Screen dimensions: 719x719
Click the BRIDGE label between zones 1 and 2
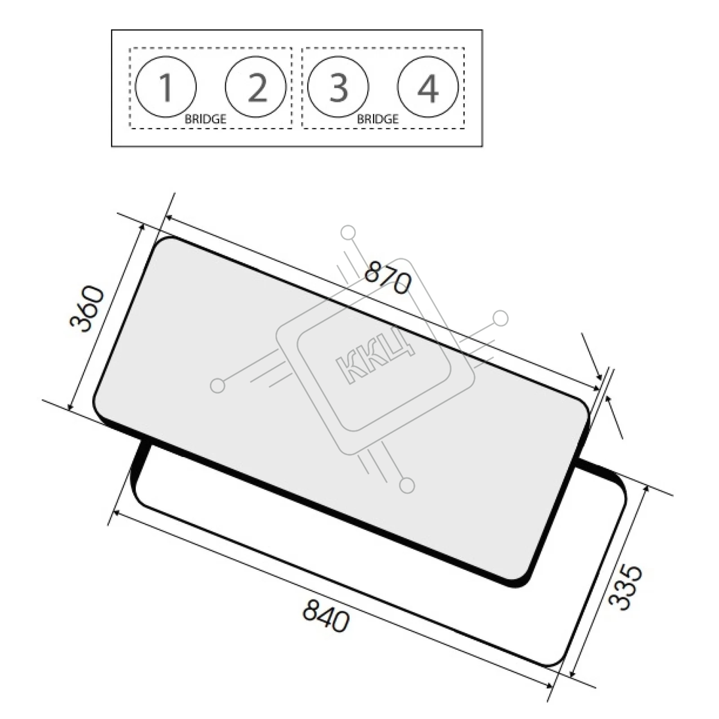point(205,119)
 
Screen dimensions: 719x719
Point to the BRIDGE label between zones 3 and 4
point(377,119)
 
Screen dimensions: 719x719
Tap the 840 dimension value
point(326,616)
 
